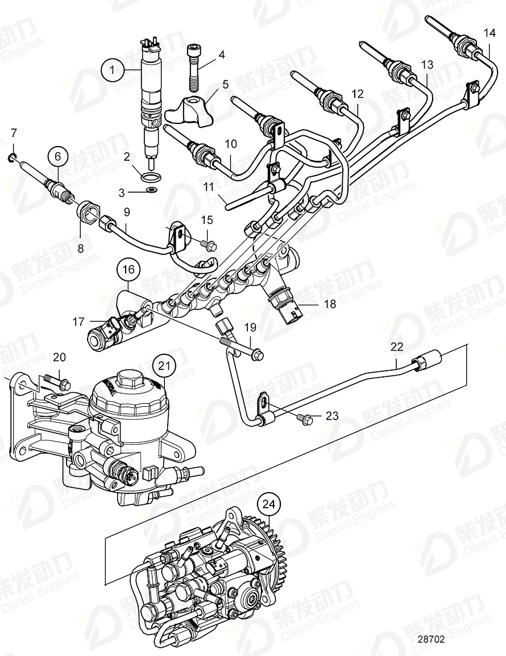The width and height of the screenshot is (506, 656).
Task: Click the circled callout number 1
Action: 113,70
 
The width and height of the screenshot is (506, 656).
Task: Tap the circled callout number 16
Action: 128,269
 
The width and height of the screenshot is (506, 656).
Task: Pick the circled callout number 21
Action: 164,367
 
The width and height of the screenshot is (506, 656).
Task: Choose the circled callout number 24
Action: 271,504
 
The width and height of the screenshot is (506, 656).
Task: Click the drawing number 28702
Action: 430,639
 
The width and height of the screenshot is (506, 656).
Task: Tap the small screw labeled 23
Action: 305,419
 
